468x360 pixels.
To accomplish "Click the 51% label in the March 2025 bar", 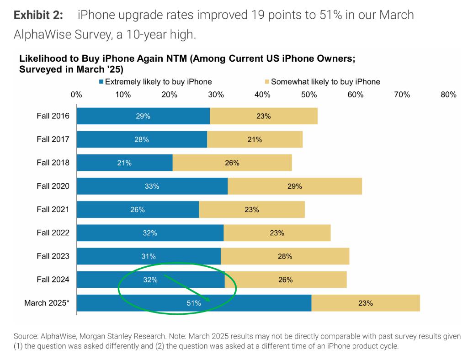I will (x=194, y=303).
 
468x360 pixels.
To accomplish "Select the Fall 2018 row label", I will (x=53, y=163).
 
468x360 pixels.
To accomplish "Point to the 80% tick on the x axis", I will (x=448, y=95).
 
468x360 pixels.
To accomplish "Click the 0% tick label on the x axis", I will (x=76, y=95).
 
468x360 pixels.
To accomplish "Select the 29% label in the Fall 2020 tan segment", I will (x=295, y=186).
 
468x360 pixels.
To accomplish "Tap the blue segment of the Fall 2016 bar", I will (x=143, y=116).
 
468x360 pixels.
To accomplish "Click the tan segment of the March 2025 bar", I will (x=366, y=303).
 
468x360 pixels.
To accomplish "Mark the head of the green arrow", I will (x=209, y=300).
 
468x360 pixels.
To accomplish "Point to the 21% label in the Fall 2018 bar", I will (x=124, y=163).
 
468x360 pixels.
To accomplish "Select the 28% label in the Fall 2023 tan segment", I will (x=285, y=256).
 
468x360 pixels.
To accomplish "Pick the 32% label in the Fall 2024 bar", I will (x=150, y=280).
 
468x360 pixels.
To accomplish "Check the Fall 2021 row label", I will (x=53, y=209).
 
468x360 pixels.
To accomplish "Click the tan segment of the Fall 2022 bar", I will (x=277, y=233).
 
